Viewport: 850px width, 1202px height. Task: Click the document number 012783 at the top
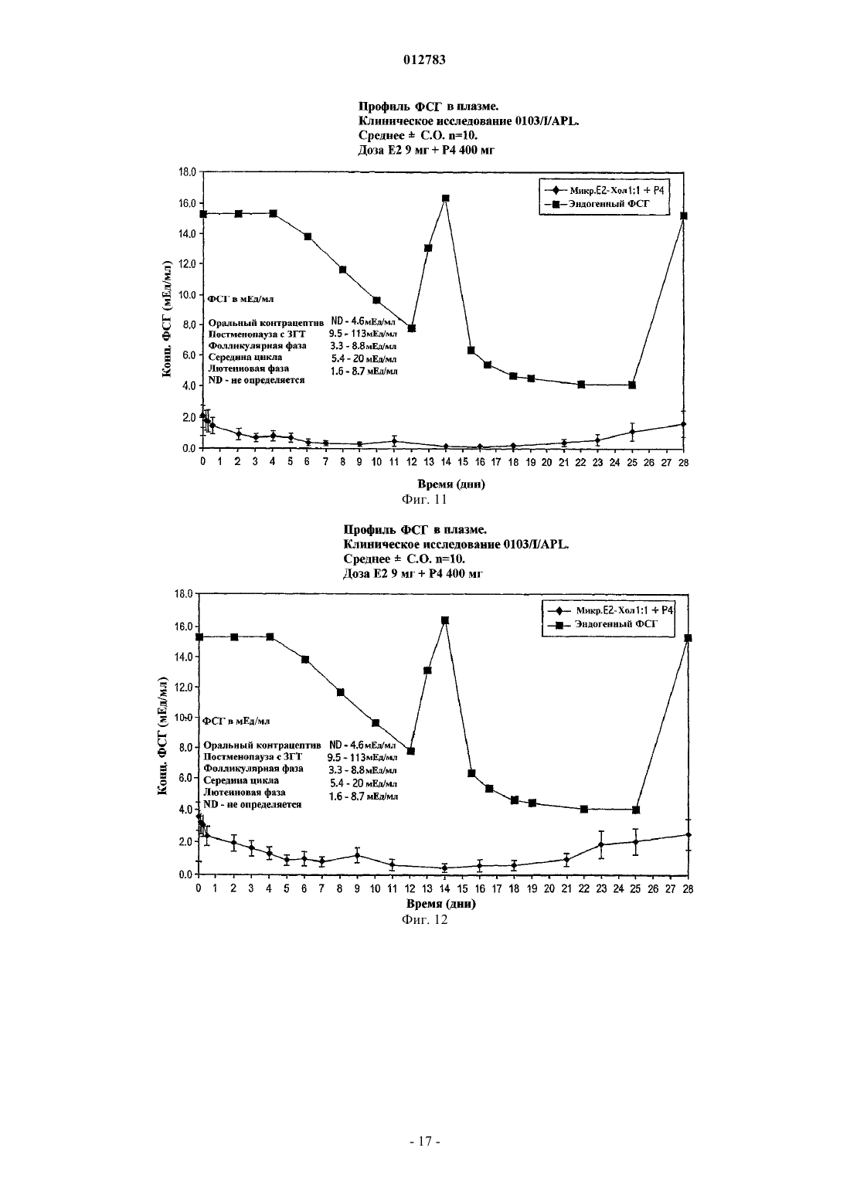tap(424, 59)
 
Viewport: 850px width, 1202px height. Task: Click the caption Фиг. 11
tap(424, 500)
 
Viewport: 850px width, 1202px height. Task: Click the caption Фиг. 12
tap(424, 920)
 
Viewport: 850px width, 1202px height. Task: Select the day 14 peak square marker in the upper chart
tap(445, 198)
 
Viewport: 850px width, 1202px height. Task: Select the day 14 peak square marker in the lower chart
tap(445, 620)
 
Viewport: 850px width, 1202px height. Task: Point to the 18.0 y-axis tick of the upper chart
tap(187, 172)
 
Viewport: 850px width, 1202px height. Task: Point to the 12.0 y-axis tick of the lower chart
tap(184, 687)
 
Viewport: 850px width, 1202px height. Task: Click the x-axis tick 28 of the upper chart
tap(683, 463)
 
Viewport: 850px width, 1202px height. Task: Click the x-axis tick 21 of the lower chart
tap(566, 888)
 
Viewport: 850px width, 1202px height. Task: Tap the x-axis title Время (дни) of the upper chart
tap(451, 484)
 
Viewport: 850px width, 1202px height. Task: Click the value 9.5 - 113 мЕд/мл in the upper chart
tap(363, 334)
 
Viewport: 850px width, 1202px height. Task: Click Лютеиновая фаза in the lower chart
tap(244, 792)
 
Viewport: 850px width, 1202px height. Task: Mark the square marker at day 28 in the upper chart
tap(684, 216)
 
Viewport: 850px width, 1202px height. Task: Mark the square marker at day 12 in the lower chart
tap(410, 751)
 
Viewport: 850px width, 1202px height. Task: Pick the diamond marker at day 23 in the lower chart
tap(601, 844)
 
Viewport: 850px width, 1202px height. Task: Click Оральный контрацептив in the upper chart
tap(266, 323)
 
